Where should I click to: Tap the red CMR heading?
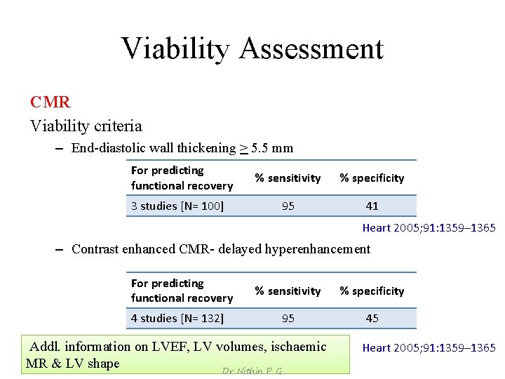[50, 102]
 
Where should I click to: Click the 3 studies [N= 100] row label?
[177, 206]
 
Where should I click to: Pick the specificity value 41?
[372, 206]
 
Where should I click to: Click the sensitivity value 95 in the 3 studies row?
[288, 206]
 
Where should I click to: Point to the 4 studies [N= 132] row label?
[177, 318]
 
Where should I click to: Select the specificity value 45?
[372, 318]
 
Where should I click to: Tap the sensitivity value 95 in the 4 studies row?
[288, 318]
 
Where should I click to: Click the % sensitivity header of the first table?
[288, 178]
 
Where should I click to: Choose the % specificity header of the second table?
[372, 291]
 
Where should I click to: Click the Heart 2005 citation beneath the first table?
[429, 227]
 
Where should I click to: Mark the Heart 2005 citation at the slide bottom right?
[429, 347]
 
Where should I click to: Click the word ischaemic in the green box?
[298, 346]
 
